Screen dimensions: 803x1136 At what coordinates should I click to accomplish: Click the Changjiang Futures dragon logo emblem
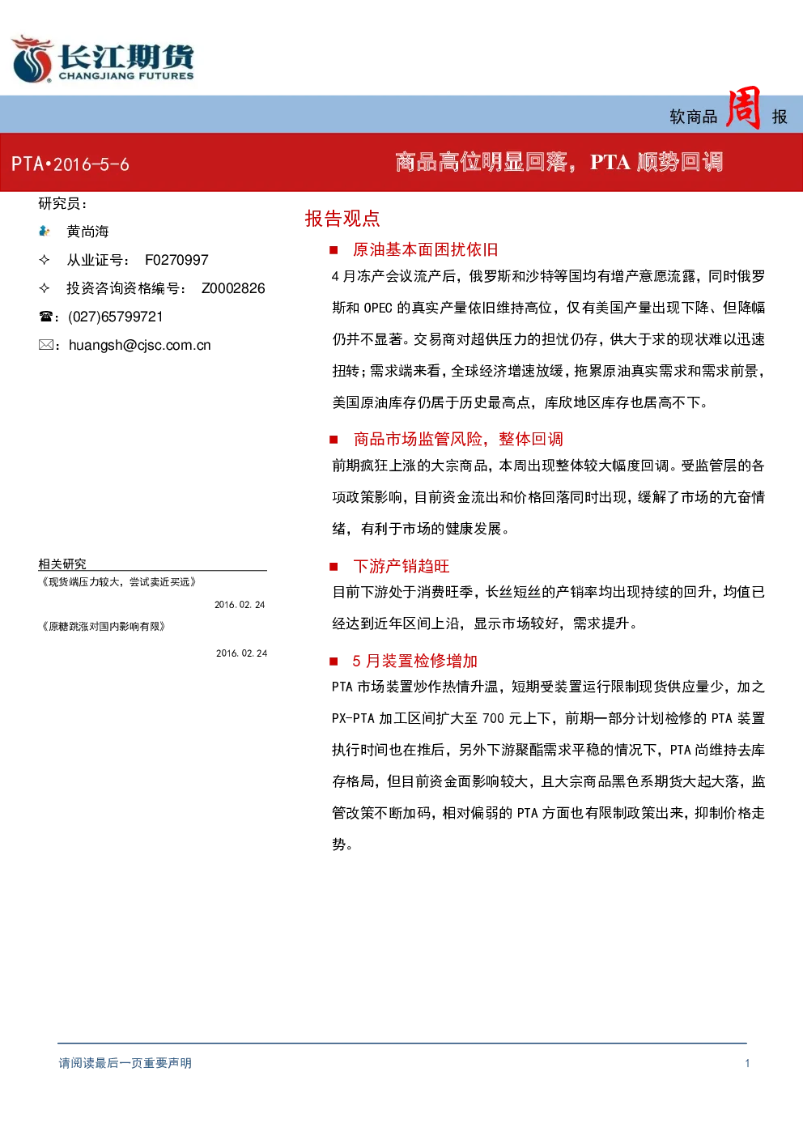(32, 58)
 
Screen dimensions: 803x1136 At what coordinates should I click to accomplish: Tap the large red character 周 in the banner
(743, 108)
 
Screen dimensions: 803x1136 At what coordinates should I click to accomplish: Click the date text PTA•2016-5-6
(70, 164)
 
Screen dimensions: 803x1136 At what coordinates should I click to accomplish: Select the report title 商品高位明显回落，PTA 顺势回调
(559, 162)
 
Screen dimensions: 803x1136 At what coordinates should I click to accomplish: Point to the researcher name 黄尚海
(87, 232)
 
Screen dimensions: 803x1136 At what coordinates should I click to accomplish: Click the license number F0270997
(176, 260)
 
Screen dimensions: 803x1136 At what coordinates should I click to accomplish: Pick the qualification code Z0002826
(233, 288)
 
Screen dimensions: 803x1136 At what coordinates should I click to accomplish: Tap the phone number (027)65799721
(115, 317)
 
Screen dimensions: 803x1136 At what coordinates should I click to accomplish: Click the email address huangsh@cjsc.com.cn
(139, 346)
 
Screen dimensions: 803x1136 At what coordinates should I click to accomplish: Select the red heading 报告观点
(342, 219)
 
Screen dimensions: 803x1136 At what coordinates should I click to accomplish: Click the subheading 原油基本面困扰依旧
(425, 249)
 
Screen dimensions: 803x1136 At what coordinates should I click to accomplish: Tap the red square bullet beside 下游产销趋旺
(334, 567)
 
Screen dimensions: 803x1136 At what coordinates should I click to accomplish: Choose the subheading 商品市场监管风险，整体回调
(458, 439)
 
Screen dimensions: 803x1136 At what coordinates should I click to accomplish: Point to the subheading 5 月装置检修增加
(414, 661)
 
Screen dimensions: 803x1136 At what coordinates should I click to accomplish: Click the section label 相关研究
(62, 564)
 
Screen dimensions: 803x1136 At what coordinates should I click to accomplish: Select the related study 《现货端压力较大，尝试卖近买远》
(117, 581)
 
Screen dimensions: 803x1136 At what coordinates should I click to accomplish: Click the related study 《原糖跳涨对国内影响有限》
(103, 627)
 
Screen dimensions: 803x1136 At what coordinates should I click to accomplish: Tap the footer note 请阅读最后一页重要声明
(125, 1063)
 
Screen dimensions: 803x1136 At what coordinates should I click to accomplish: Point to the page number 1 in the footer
(747, 1063)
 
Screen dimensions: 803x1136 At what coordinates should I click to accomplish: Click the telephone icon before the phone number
(45, 317)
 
